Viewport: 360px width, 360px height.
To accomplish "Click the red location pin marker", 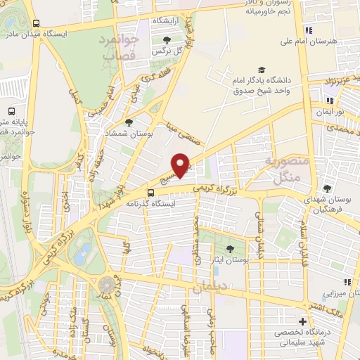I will click(x=181, y=166).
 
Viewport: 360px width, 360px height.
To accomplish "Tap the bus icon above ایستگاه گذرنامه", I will click(x=150, y=193).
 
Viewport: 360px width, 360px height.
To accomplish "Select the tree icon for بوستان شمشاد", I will click(x=129, y=123).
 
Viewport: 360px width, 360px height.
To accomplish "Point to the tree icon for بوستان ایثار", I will click(x=230, y=250).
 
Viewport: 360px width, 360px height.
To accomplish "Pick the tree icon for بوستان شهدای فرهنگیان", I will click(x=328, y=188).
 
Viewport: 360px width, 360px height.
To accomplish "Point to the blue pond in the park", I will click(x=82, y=250).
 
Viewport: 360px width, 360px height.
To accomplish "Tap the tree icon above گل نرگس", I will click(x=166, y=40).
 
